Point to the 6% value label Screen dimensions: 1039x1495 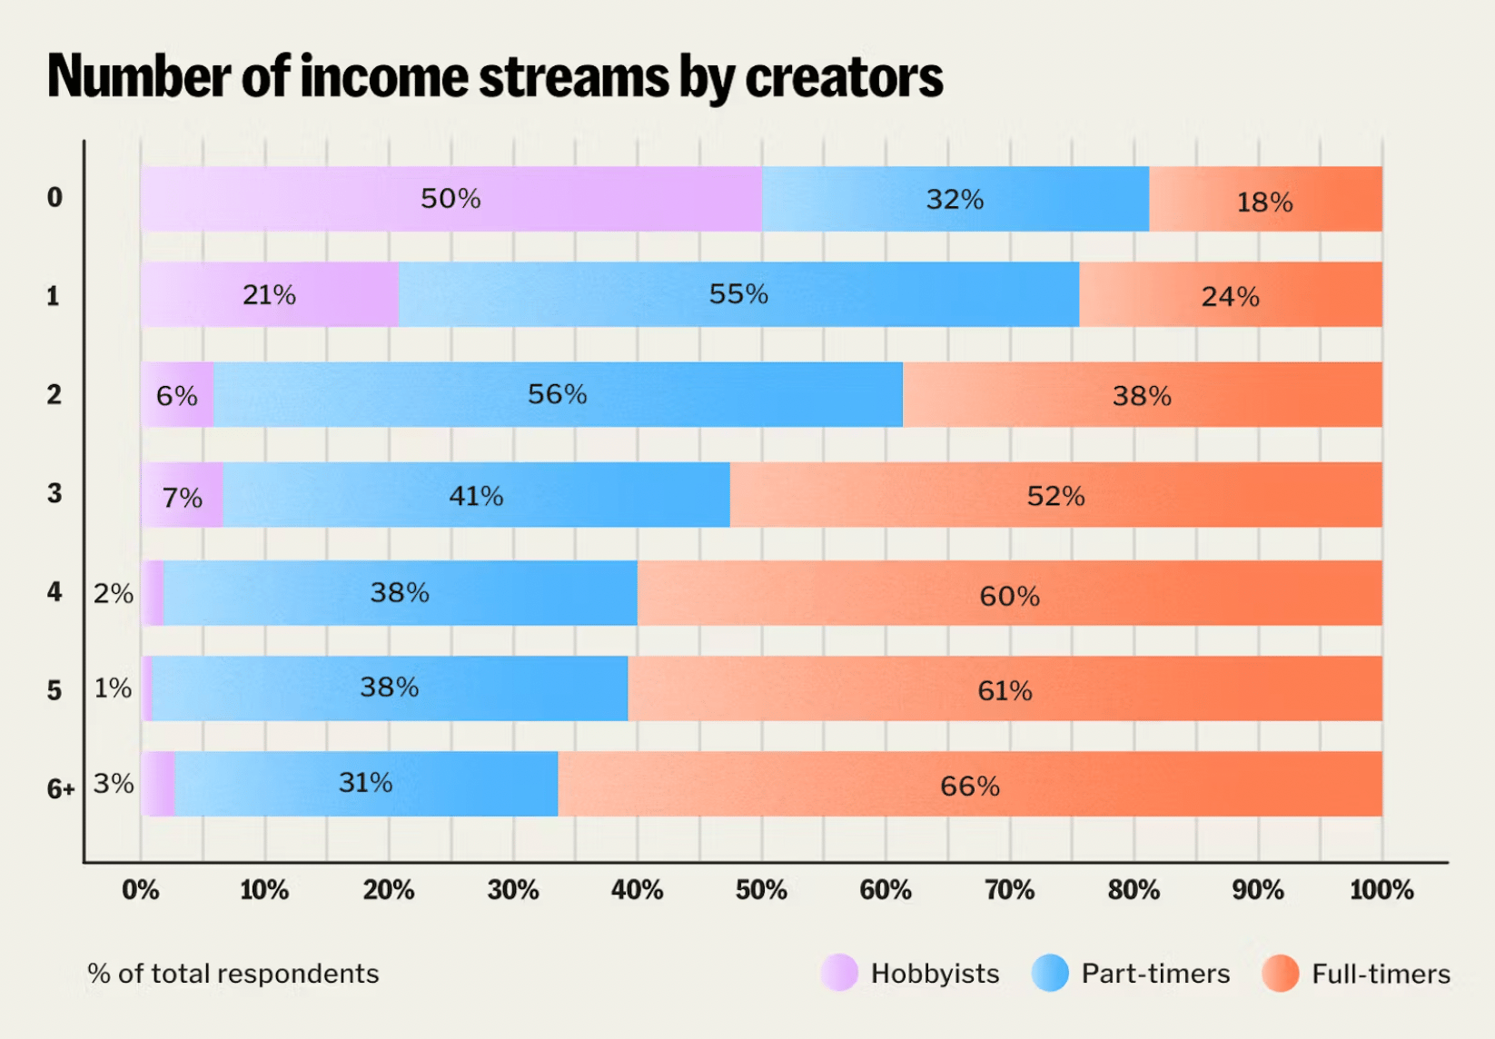point(176,395)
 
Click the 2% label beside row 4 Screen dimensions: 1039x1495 point(114,593)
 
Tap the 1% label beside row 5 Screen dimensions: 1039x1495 point(114,688)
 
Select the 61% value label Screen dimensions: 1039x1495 point(1005,691)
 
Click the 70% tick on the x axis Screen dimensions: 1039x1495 point(1010,890)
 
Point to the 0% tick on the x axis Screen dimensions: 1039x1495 point(141,890)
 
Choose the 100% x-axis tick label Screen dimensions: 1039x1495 point(1381,890)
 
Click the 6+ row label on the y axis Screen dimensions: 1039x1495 point(61,788)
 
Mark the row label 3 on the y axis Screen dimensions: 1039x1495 point(54,493)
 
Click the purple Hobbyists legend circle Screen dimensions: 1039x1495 point(839,973)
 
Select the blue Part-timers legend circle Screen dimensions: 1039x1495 point(1050,973)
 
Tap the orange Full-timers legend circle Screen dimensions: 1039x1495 point(1281,973)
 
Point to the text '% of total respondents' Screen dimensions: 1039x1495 point(233,974)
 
